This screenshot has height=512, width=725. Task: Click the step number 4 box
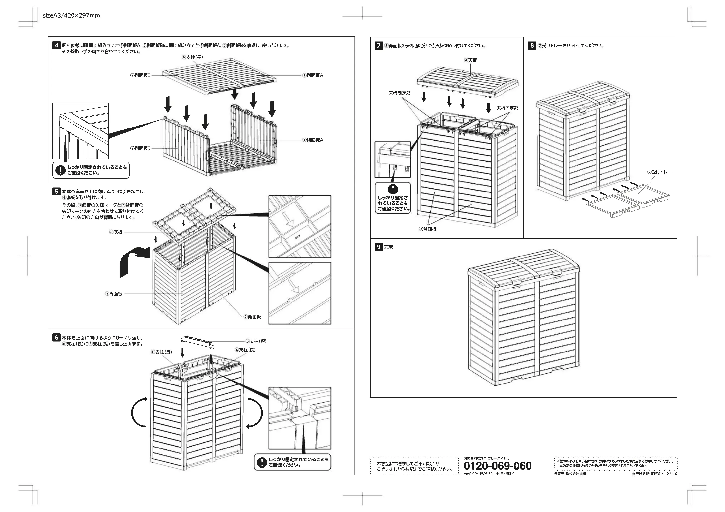tap(56, 45)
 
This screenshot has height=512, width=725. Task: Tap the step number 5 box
tap(56, 192)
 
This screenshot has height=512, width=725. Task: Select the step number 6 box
tap(56, 338)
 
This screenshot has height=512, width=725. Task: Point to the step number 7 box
tap(379, 46)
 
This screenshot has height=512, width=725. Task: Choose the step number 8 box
tap(532, 45)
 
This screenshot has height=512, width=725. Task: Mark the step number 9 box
tap(379, 247)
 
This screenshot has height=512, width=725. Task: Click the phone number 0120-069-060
tap(497, 466)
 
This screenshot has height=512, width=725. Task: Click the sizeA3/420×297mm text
tap(71, 15)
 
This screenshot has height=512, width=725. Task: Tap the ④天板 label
tap(471, 60)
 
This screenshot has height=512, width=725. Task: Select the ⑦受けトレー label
tap(660, 172)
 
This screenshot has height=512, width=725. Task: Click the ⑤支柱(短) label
tap(256, 341)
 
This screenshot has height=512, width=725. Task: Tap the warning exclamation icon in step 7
tap(393, 189)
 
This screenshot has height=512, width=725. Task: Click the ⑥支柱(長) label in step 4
tap(193, 57)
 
